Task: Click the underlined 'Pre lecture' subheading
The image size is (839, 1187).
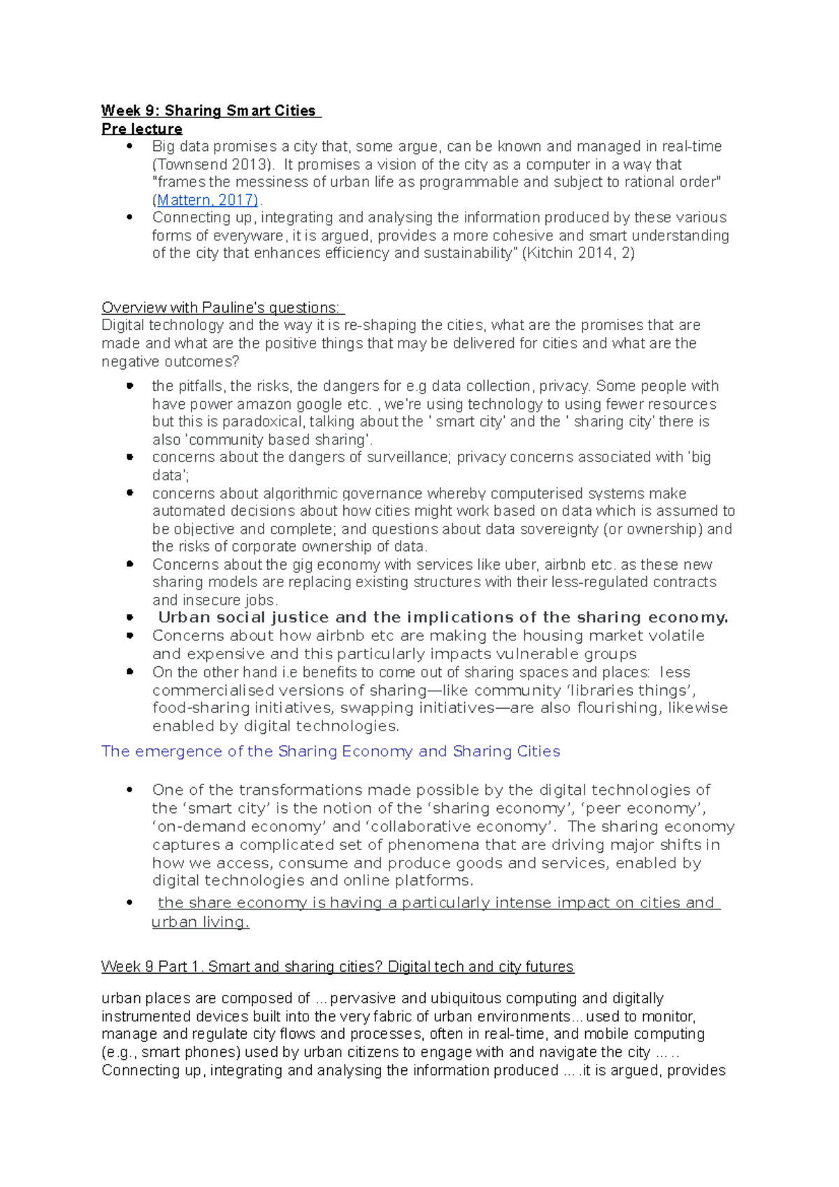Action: (x=142, y=129)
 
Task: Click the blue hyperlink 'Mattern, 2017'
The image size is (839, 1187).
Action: (x=206, y=200)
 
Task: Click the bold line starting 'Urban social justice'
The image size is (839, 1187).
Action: (x=443, y=617)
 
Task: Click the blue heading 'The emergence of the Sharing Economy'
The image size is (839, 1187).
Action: (x=331, y=751)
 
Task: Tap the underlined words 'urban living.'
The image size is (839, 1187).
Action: (x=200, y=922)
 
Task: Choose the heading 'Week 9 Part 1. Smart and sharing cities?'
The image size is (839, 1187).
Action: (x=337, y=967)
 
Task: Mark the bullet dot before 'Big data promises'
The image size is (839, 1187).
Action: (x=129, y=146)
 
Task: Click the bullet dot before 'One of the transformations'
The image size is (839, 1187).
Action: (x=129, y=790)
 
